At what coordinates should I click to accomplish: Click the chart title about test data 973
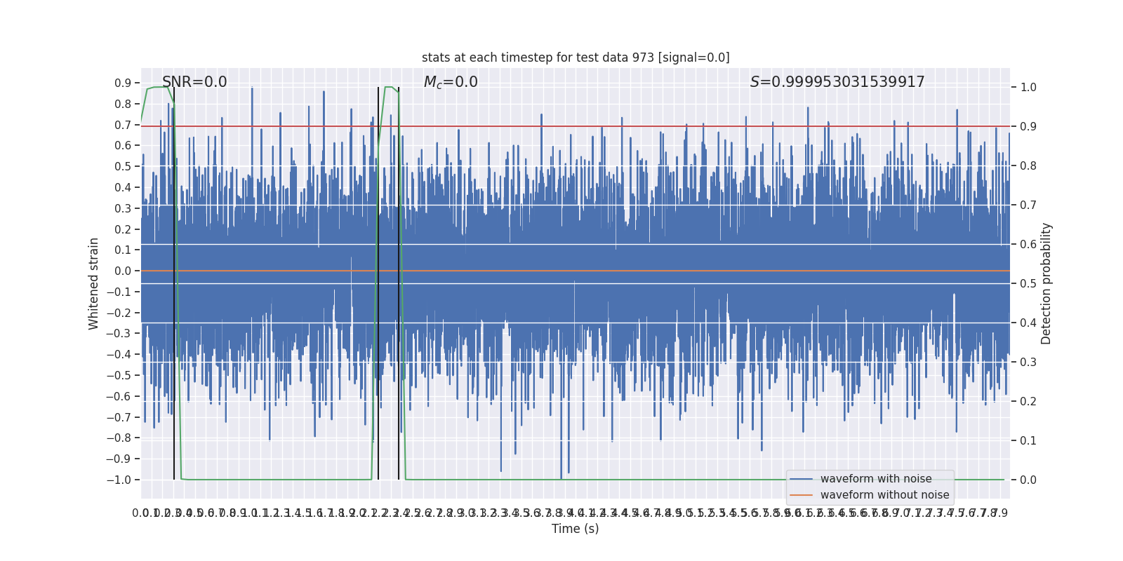pos(576,58)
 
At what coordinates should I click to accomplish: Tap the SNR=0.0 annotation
pos(194,82)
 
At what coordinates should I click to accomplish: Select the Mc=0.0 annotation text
pos(451,82)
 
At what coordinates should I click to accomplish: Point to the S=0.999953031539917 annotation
pos(837,82)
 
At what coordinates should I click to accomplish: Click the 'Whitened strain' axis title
pos(94,283)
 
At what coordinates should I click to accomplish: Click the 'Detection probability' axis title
pos(1046,283)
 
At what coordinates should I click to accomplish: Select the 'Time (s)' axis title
pos(575,529)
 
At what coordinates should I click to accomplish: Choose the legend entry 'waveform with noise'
pos(876,479)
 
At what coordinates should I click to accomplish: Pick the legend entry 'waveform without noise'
pos(884,495)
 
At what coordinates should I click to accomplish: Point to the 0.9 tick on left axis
pos(123,83)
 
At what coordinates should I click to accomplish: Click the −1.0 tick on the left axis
pos(119,480)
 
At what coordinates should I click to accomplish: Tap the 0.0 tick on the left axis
pos(123,271)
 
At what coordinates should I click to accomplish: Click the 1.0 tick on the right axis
pos(1028,88)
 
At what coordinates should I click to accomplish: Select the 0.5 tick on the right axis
pos(1028,283)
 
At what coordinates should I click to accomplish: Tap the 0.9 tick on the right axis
pos(1028,127)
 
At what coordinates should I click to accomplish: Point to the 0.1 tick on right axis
pos(1028,440)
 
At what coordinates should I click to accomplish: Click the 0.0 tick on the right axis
pos(1028,480)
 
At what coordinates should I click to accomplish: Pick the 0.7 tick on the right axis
pos(1028,205)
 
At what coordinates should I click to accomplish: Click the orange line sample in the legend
pos(801,495)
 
